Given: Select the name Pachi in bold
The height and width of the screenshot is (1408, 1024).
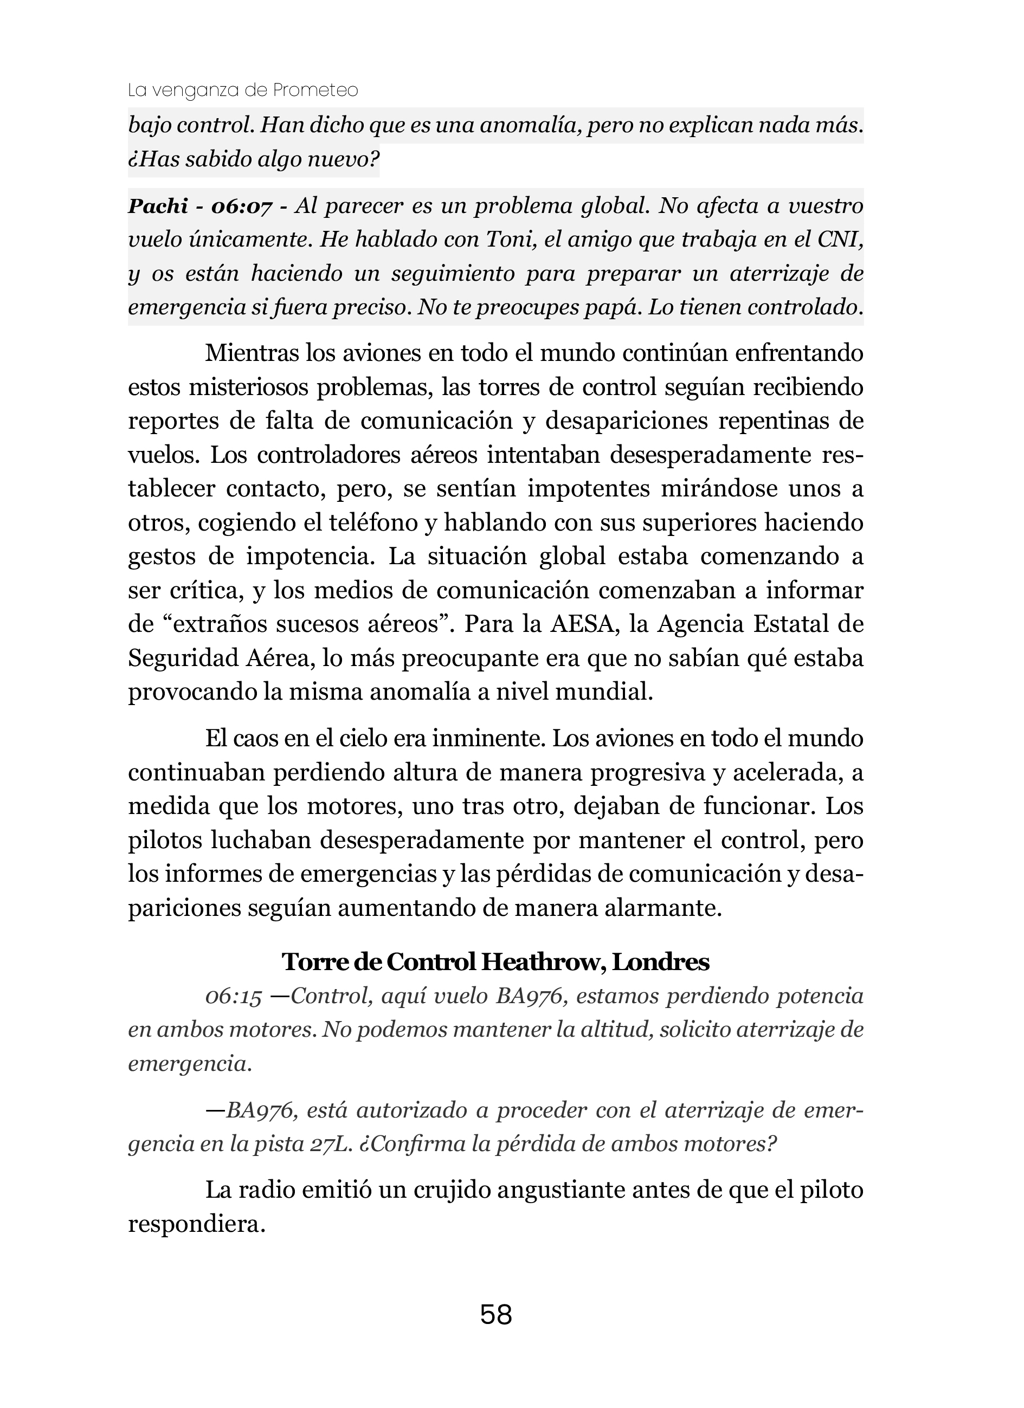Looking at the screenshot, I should tap(158, 205).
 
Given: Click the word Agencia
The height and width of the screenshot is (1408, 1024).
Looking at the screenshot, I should tap(699, 624).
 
